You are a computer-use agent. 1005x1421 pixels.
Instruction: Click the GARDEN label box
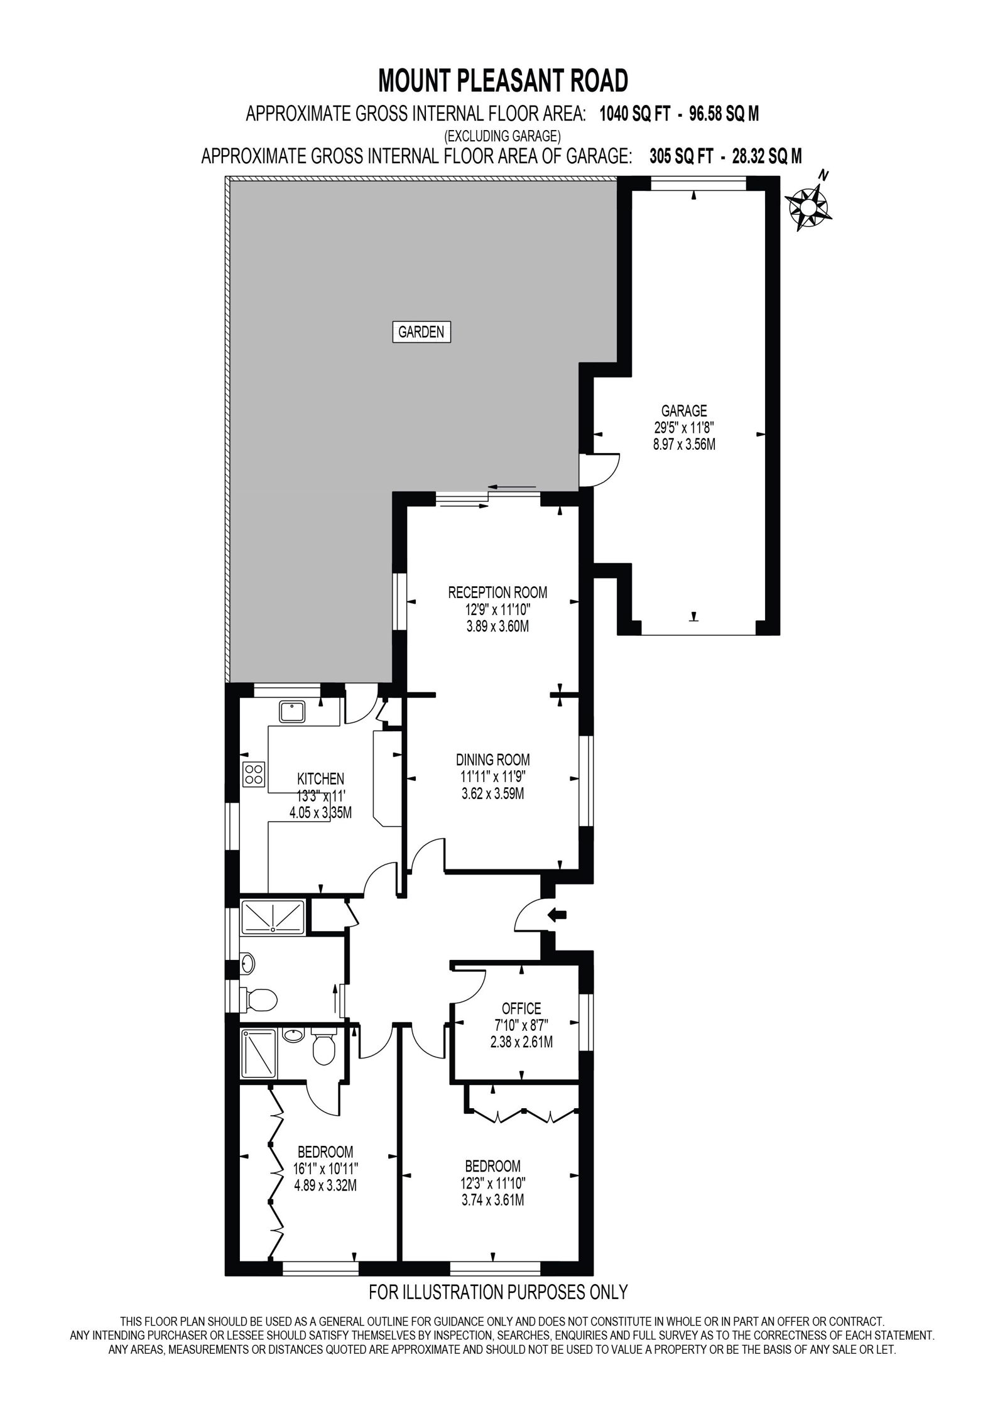421,332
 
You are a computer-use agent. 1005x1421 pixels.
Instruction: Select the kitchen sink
292,712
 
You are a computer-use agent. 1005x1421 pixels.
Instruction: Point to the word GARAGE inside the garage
684,411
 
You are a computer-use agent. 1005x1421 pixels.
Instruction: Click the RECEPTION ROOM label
497,592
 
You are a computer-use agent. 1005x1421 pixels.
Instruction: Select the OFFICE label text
521,1009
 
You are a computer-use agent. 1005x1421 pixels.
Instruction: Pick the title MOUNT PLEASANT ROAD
503,81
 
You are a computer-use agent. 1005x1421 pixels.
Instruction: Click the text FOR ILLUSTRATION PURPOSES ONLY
498,1289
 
